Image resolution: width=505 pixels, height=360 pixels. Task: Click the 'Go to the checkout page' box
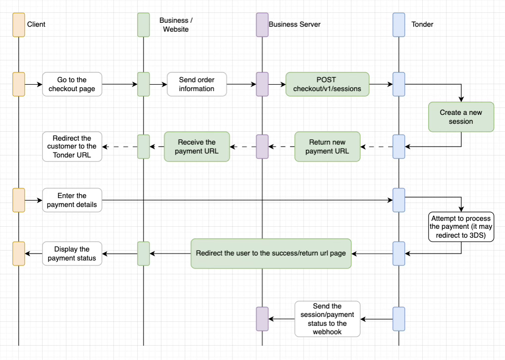pyautogui.click(x=72, y=84)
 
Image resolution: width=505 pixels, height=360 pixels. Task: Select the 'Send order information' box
pyautogui.click(x=197, y=84)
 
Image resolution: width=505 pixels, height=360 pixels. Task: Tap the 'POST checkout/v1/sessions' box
pyautogui.click(x=327, y=84)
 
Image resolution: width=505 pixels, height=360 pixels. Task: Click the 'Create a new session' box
pyautogui.click(x=461, y=117)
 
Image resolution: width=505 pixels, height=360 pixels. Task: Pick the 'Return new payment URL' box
pyautogui.click(x=327, y=147)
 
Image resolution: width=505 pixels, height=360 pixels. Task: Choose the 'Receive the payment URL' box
pyautogui.click(x=197, y=147)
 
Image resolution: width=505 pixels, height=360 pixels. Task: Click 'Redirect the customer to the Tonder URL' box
pyautogui.click(x=72, y=147)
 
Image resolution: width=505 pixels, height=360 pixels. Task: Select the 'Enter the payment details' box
pyautogui.click(x=72, y=200)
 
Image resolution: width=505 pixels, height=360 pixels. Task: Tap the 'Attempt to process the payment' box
pyautogui.click(x=461, y=227)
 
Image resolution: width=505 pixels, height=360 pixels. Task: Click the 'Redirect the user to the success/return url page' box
pyautogui.click(x=271, y=254)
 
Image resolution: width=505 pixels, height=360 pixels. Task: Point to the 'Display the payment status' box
pyautogui.click(x=72, y=254)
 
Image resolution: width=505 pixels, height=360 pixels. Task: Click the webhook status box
pyautogui.click(x=327, y=319)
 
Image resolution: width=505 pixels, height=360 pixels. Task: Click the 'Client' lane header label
pyautogui.click(x=36, y=24)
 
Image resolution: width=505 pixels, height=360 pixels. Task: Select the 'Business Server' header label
pyautogui.click(x=294, y=24)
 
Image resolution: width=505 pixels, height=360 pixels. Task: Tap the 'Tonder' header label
pyautogui.click(x=422, y=24)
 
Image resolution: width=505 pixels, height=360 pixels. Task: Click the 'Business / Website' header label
pyautogui.click(x=176, y=25)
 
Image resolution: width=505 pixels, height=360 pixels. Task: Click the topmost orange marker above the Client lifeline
pyautogui.click(x=19, y=25)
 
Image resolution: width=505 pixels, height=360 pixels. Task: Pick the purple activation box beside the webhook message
pyautogui.click(x=262, y=319)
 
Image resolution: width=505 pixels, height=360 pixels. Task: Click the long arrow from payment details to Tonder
pyautogui.click(x=248, y=200)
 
